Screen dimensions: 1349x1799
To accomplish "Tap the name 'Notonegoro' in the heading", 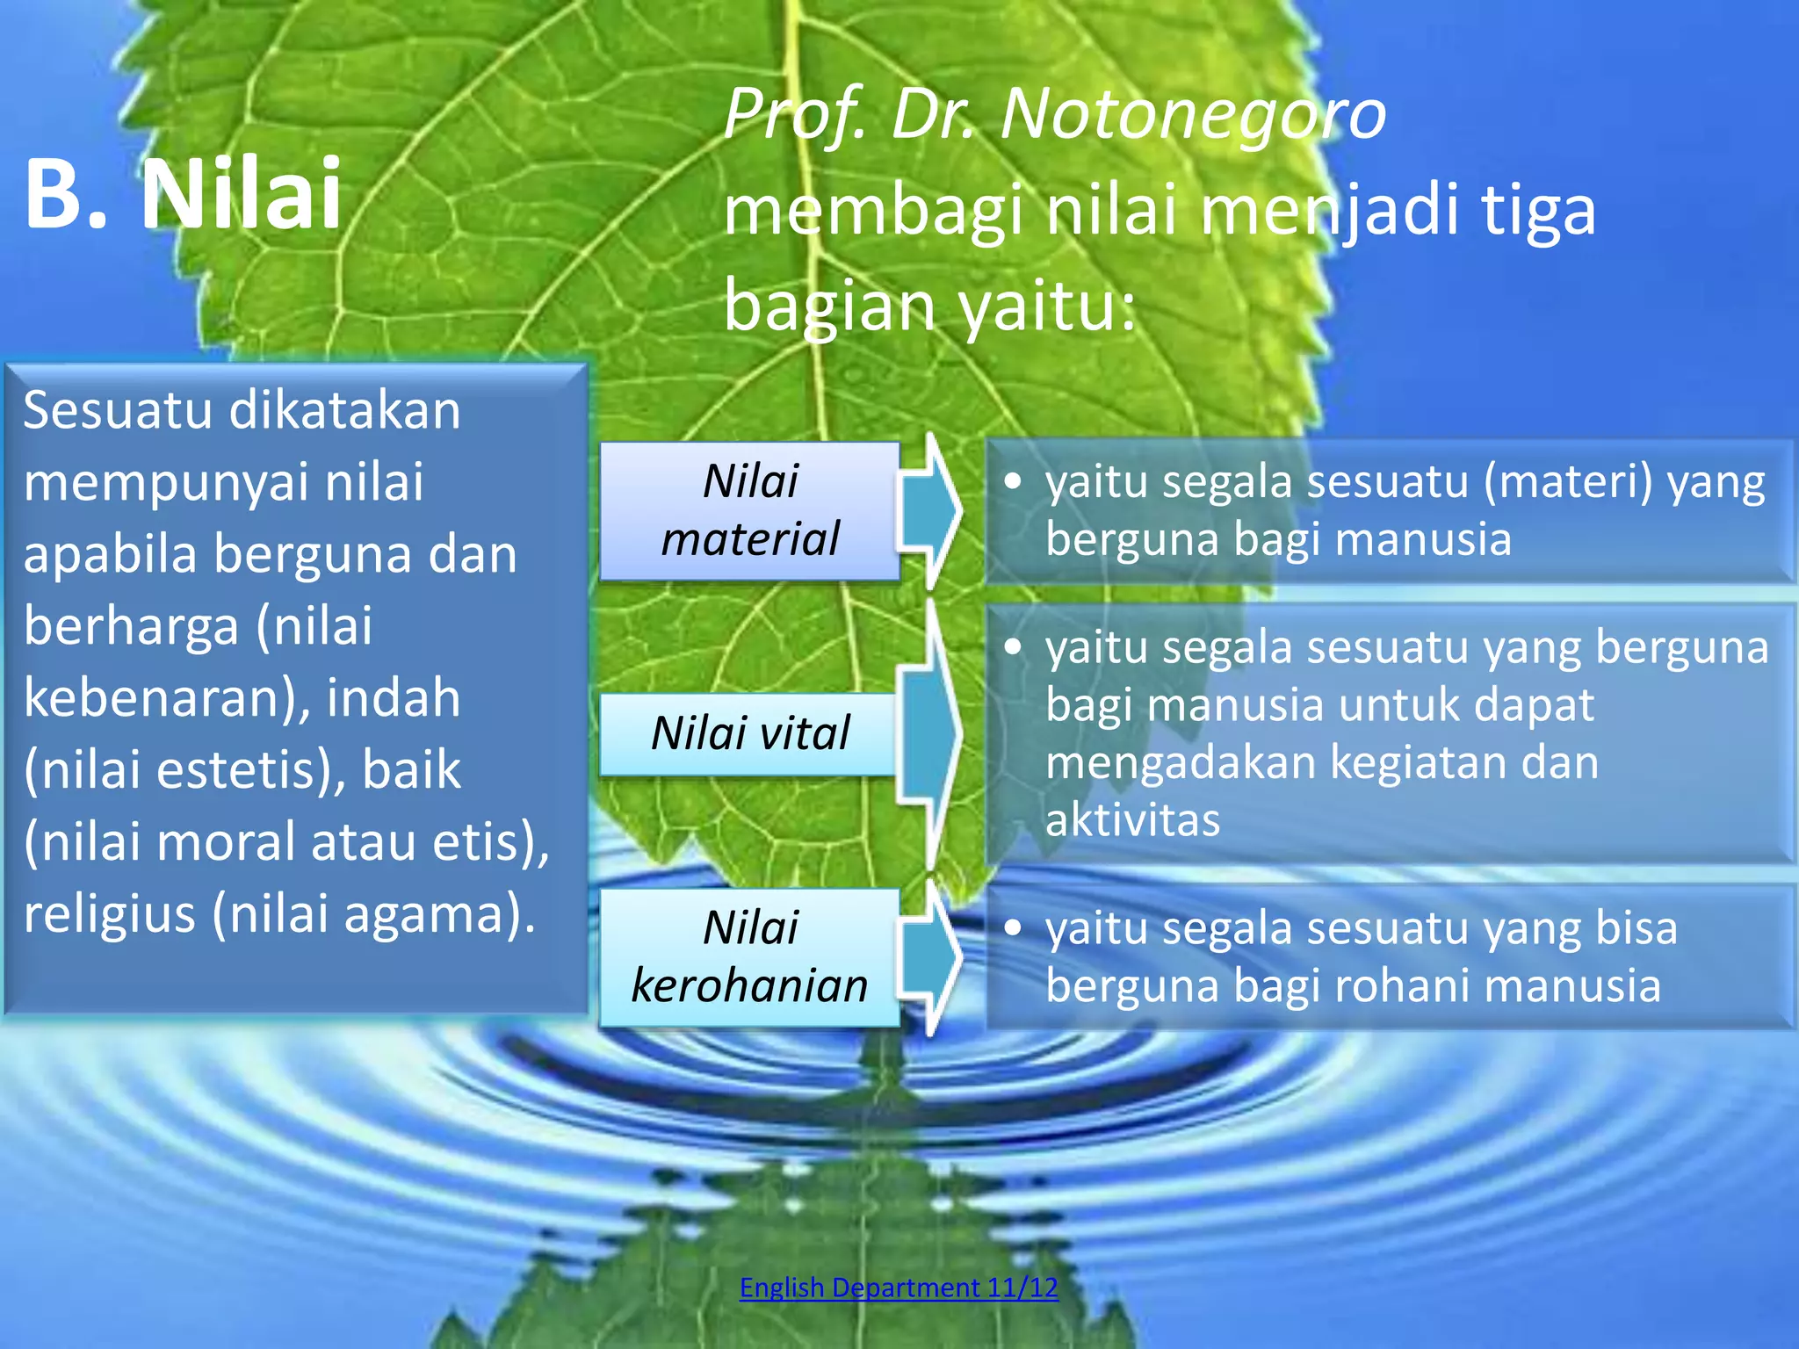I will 1193,114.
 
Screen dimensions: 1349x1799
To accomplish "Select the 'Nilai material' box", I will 749,510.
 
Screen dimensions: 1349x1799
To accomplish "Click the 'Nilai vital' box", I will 749,733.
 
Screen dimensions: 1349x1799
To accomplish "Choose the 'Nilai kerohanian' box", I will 749,956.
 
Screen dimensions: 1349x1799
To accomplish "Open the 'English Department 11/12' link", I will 899,1288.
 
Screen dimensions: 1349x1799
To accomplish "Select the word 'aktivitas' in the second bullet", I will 1132,820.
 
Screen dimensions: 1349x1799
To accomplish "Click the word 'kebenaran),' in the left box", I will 167,698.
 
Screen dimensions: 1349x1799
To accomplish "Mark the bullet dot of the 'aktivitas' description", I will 1014,648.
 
